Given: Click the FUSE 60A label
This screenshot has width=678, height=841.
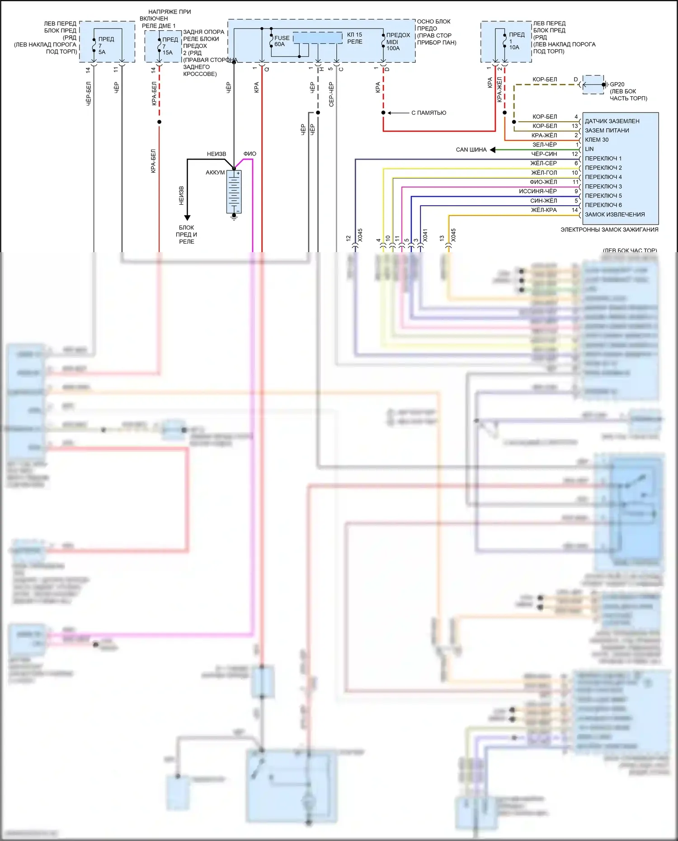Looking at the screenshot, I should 282,41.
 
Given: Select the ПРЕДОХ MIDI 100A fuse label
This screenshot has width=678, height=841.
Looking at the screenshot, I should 398,42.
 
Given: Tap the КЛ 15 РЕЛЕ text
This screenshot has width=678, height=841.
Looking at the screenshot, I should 355,38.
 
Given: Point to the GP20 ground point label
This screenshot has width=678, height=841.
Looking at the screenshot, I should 617,85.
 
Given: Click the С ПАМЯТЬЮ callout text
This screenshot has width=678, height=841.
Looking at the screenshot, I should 428,113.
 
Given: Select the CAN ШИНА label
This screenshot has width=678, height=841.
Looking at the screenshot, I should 471,150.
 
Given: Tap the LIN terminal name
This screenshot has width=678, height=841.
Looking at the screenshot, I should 589,149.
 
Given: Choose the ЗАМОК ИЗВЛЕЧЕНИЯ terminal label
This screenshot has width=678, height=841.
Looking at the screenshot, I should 615,215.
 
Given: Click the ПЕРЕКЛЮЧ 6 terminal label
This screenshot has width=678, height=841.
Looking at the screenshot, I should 603,205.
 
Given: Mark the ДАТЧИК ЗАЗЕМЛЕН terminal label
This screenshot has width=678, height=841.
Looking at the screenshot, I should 612,121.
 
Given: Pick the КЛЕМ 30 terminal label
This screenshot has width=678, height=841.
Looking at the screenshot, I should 597,140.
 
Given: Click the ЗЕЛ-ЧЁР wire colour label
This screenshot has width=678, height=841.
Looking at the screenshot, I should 544,145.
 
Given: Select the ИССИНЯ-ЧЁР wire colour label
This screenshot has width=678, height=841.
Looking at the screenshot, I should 537,191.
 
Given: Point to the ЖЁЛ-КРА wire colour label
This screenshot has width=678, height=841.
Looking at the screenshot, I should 544,210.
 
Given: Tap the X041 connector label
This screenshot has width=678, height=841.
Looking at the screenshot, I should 425,235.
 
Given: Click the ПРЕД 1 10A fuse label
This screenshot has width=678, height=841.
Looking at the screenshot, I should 516,41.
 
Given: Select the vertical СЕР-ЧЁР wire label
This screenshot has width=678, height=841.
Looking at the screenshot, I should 331,94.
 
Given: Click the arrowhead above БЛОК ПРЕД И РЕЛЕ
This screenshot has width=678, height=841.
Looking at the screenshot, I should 187,218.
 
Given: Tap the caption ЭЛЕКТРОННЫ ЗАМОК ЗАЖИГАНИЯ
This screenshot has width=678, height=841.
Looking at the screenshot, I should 609,230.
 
